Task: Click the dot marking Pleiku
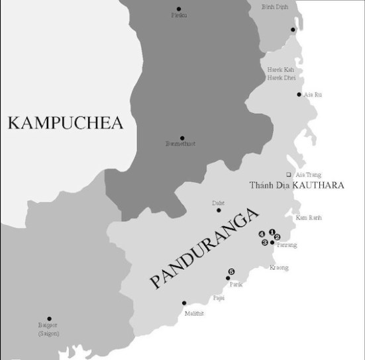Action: pos(178,9)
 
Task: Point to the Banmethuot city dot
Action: pos(182,136)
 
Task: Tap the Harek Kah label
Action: pos(280,69)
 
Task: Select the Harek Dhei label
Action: pos(280,77)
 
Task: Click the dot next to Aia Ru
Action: pos(299,94)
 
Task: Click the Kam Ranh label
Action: pos(308,217)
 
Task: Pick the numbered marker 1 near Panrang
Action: pos(272,232)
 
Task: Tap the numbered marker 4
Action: pos(262,235)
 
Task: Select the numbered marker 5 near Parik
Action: pos(231,271)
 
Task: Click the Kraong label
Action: pos(279,268)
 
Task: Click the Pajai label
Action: pos(218,298)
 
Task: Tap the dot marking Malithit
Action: pos(184,303)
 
